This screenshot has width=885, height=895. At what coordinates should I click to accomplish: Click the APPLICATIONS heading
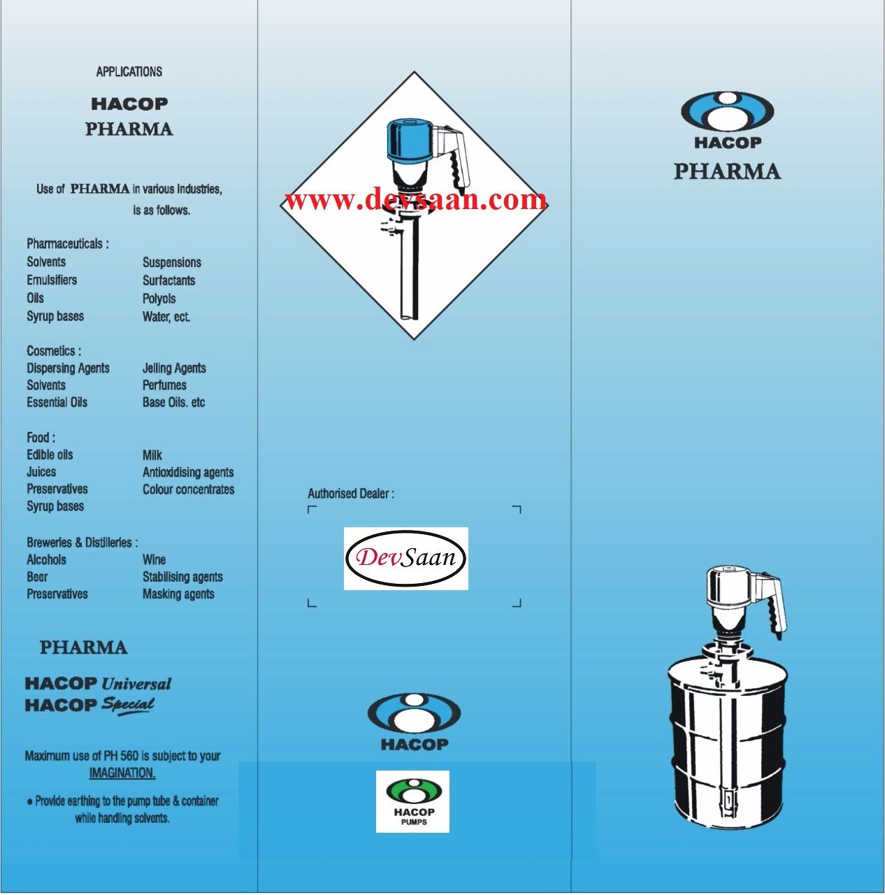pos(129,71)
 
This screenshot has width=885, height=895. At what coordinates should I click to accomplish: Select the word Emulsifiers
pos(52,280)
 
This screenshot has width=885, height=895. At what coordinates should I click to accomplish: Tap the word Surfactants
pos(168,280)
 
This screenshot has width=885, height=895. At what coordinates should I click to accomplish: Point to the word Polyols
pos(159,299)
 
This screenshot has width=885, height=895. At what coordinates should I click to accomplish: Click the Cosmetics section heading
pos(53,351)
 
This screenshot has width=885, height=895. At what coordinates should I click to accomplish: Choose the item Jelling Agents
pos(174,368)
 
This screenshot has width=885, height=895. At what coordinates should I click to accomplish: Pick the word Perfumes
pos(164,385)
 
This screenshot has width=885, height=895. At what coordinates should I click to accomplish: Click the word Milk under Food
pos(152,455)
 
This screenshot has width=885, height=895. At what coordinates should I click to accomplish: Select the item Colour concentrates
pos(188,489)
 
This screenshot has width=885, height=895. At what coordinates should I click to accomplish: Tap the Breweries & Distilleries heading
pos(82,543)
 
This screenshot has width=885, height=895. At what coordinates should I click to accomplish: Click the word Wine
pos(154,559)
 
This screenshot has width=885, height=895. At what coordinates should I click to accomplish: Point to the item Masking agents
pos(178,594)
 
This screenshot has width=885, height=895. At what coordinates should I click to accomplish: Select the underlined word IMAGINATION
pos(122,773)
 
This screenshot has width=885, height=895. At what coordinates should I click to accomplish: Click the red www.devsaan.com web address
pos(415,200)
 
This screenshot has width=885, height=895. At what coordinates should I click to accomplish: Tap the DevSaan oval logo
pos(405,558)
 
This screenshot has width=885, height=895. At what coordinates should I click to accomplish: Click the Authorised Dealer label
pos(350,494)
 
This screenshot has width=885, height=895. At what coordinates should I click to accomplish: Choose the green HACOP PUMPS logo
pos(412,801)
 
